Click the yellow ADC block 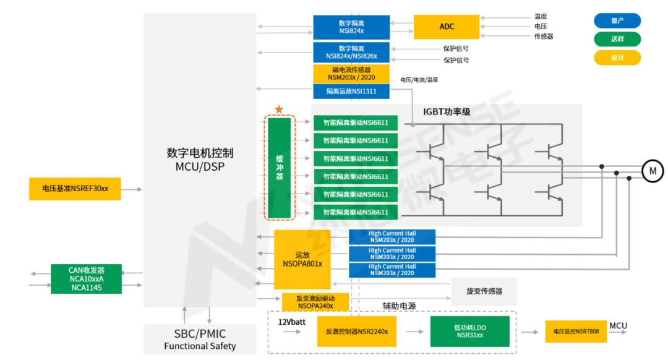point(447,27)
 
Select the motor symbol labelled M point(653,170)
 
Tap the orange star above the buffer point(279,109)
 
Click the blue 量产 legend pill point(617,20)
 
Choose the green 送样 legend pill point(617,39)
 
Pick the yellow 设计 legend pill point(617,58)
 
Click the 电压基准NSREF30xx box point(75,188)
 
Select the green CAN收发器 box point(86,279)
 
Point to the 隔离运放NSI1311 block point(351,92)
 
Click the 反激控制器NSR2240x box point(356,332)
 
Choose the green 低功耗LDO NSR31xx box point(469,332)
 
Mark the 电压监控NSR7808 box point(575,332)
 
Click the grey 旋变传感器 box point(483,291)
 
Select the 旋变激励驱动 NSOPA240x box point(315,302)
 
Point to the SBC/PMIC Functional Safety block point(200,340)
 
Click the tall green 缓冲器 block point(279,168)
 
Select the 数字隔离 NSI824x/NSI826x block point(351,53)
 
